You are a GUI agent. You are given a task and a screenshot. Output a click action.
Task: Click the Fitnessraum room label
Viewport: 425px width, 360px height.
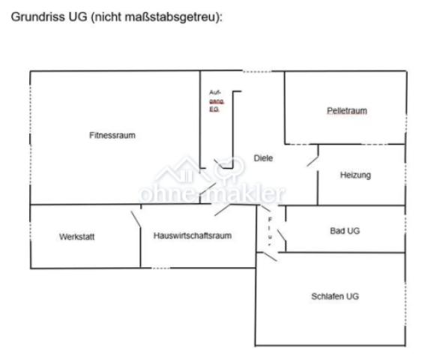[112, 135]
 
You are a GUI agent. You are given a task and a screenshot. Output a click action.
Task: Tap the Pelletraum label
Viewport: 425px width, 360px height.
[347, 111]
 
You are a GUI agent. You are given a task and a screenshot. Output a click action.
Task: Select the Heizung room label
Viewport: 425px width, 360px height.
[355, 175]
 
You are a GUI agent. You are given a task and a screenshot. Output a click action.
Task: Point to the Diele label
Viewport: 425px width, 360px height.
[263, 158]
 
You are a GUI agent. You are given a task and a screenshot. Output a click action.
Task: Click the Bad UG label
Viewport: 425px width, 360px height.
[345, 231]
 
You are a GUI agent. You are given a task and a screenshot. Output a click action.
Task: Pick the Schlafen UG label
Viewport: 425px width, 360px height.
[335, 296]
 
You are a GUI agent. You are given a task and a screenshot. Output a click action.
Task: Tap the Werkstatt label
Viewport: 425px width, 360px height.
[77, 236]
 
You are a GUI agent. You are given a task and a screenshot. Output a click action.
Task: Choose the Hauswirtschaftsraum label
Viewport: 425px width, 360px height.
[193, 235]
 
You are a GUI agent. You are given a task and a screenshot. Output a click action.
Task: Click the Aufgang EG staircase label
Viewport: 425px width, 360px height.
[217, 101]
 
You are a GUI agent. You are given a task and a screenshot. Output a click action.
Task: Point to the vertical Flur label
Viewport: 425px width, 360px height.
[270, 232]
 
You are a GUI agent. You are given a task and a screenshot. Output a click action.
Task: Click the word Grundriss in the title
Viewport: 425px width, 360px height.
[38, 16]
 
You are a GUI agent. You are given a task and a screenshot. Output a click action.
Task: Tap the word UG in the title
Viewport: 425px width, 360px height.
[78, 16]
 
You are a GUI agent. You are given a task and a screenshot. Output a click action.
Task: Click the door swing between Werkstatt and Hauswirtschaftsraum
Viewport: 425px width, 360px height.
[136, 219]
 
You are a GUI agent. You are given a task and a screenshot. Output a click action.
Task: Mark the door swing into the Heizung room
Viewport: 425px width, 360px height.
[313, 160]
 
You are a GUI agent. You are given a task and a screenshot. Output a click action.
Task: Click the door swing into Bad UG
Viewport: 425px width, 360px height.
[281, 235]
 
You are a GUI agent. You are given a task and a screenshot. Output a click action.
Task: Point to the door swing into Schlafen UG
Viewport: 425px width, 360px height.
[270, 256]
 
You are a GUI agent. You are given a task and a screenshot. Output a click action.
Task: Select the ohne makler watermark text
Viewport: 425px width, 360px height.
[212, 193]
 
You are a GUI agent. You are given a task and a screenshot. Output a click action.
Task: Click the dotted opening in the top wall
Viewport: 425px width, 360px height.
[257, 71]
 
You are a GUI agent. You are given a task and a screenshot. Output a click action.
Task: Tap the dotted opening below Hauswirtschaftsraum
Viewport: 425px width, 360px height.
[160, 268]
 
